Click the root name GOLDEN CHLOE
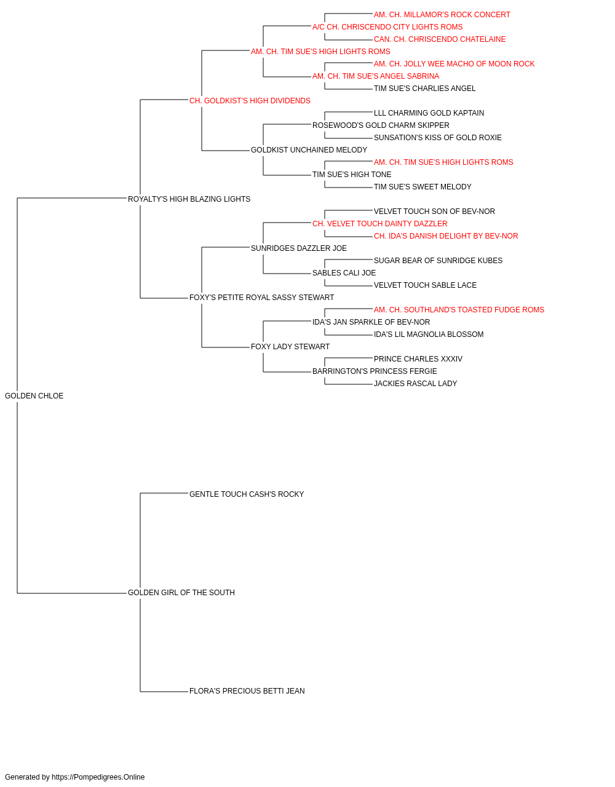[34, 396]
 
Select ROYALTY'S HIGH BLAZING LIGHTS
[189, 199]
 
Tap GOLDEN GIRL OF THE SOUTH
[181, 593]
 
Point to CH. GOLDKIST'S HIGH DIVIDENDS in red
[250, 101]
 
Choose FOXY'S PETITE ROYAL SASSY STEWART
[261, 298]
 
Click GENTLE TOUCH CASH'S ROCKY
[247, 494]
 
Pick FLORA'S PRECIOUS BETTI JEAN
[247, 690]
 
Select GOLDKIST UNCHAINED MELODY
[309, 150]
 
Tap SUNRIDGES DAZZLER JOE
[299, 248]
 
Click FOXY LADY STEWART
[290, 347]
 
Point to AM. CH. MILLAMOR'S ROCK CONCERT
[442, 15]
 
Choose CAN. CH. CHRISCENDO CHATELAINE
[440, 39]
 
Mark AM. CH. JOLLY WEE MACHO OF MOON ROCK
[454, 64]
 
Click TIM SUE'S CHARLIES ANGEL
[424, 89]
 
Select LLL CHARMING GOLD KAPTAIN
[429, 113]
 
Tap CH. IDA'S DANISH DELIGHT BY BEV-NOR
[446, 235]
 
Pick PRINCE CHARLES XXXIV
[418, 359]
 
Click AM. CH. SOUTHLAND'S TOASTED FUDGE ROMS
[459, 310]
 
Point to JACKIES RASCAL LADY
[416, 384]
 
